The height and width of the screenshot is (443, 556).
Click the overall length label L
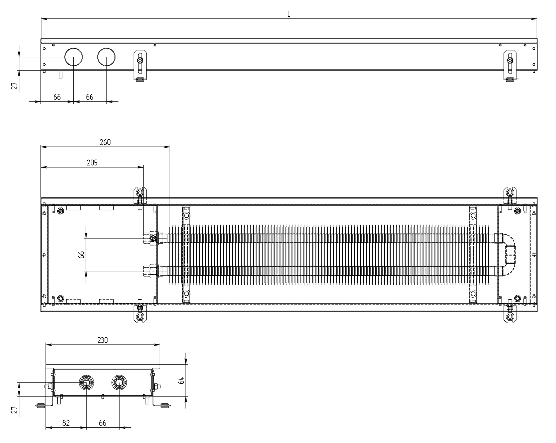pos(288,15)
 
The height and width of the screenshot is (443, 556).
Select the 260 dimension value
pos(105,142)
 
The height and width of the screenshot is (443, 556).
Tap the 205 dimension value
pos(92,163)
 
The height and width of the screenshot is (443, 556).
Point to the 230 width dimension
pos(103,340)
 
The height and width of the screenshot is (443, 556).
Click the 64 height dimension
pos(182,380)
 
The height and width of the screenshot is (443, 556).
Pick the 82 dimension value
pos(66,423)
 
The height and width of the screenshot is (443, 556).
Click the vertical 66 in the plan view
pos(81,255)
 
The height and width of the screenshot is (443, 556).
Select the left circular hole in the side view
pos(74,57)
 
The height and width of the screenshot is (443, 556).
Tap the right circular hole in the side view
pos(106,57)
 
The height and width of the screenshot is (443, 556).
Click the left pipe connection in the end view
pos(86,382)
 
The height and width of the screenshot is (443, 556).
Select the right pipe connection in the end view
pos(119,382)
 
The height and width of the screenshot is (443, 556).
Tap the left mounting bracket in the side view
pos(140,66)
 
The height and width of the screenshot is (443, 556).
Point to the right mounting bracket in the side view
pos(510,66)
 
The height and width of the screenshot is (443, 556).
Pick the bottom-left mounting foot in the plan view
pos(140,313)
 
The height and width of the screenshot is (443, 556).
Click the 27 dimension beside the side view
pos(15,86)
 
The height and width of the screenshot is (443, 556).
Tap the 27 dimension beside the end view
pos(15,410)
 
